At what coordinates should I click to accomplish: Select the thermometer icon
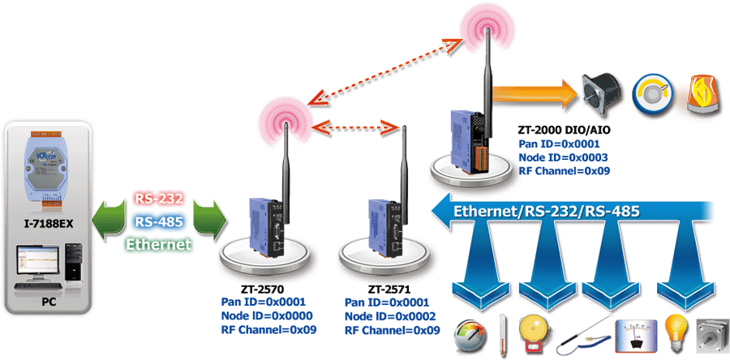[x=504, y=332]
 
